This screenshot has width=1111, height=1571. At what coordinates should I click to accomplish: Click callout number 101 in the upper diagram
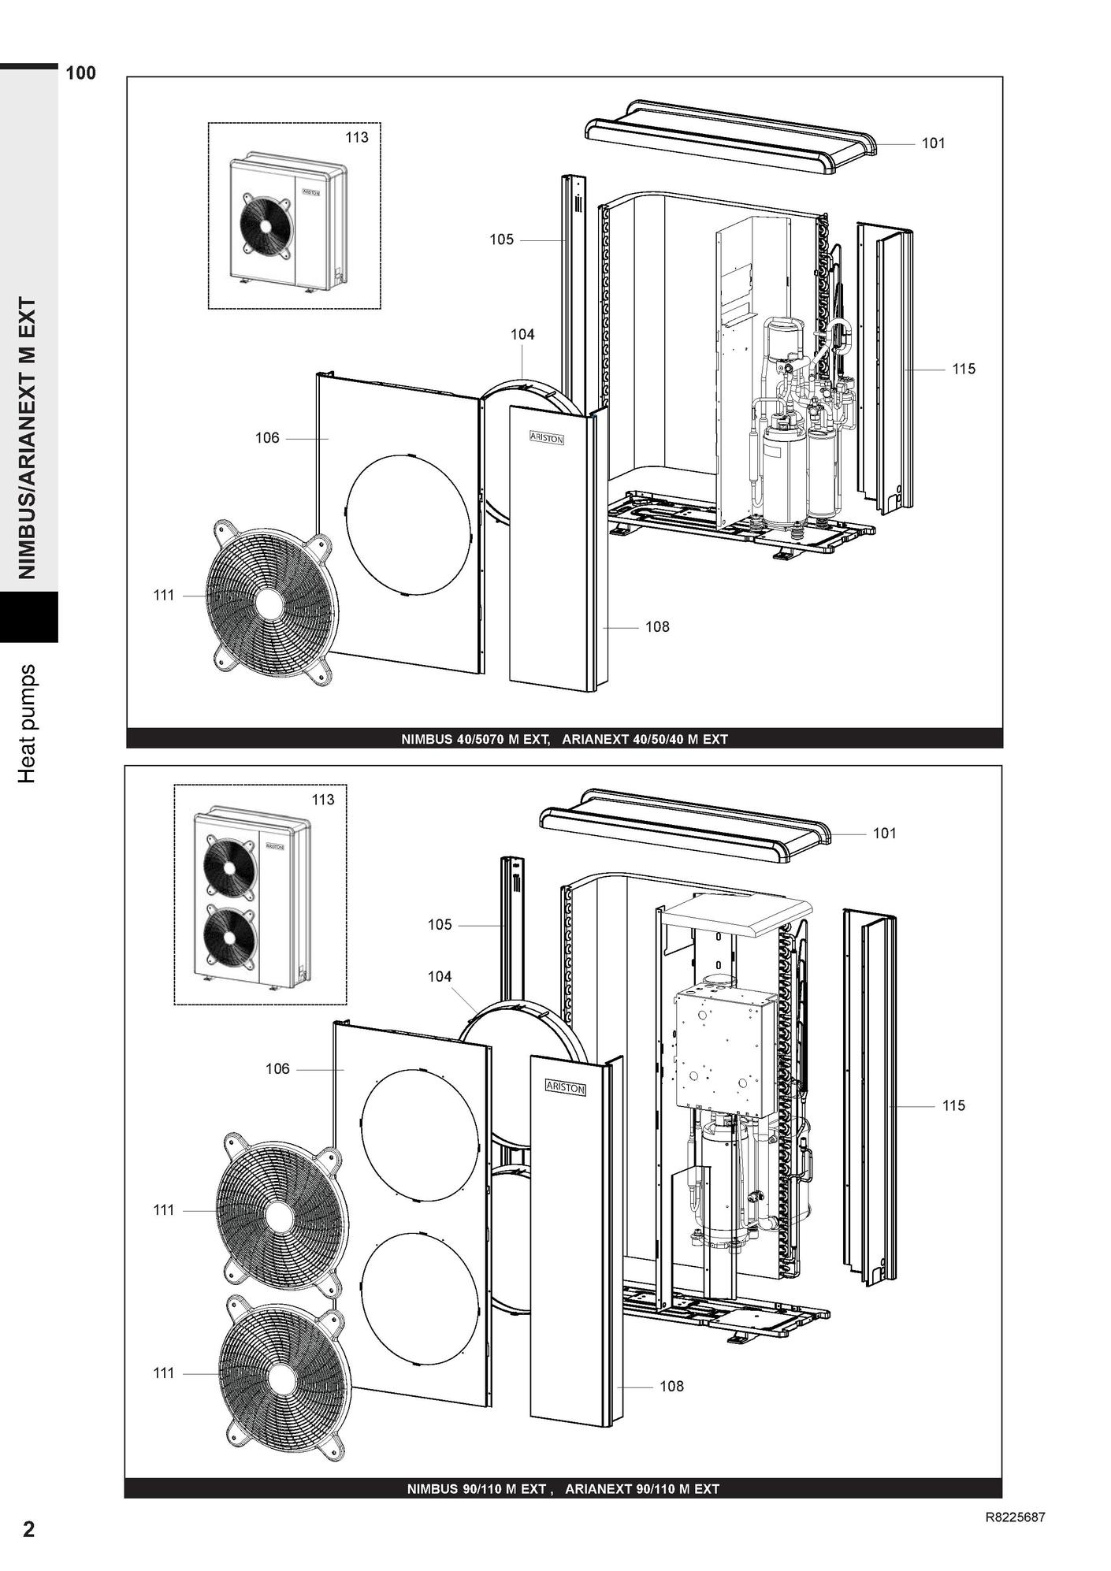(x=933, y=143)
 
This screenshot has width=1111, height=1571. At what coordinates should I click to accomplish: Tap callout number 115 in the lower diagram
(x=953, y=1105)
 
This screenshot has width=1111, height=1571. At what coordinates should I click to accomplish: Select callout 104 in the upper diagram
(x=522, y=334)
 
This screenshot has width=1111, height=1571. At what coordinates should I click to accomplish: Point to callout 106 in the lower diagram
(x=277, y=1069)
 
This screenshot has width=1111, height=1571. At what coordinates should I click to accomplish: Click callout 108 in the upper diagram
(x=657, y=626)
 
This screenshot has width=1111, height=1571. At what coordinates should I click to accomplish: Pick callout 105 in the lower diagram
(x=440, y=925)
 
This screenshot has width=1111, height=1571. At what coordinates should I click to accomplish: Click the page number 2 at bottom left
(x=29, y=1529)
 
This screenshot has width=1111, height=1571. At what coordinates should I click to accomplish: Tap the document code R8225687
(x=1016, y=1517)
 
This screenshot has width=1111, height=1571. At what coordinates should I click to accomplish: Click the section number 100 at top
(x=81, y=73)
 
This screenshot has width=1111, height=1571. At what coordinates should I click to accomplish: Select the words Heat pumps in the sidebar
(x=28, y=723)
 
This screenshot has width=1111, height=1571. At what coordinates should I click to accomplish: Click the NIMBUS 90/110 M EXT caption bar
(x=563, y=1488)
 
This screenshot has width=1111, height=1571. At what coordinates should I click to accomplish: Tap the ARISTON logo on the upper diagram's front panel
(x=547, y=438)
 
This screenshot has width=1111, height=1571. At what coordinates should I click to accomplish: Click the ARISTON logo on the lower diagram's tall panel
(x=566, y=1087)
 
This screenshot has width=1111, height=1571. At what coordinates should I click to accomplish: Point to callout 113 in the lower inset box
(x=323, y=800)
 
